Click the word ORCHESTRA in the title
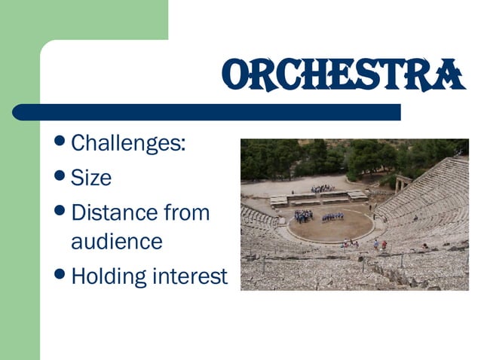343,75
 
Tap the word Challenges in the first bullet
125,143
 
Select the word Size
90,178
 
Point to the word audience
116,242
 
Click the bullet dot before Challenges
61,142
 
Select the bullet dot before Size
61,176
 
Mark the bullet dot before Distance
61,211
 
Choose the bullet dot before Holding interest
61,275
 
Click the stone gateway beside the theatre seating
402,184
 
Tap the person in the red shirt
384,245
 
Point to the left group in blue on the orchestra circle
303,216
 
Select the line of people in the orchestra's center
332,218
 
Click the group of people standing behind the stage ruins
322,188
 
